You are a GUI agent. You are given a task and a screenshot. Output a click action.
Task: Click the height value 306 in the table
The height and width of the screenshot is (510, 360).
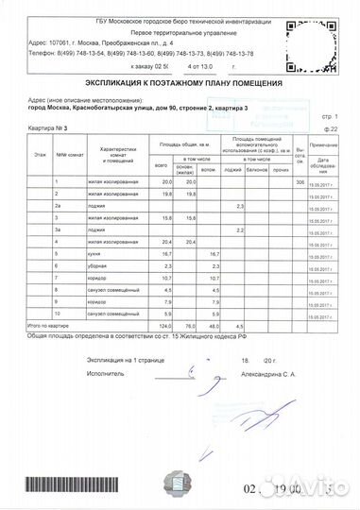click(300, 181)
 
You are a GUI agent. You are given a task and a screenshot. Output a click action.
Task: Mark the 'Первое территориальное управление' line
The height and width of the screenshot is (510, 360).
click(144, 31)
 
